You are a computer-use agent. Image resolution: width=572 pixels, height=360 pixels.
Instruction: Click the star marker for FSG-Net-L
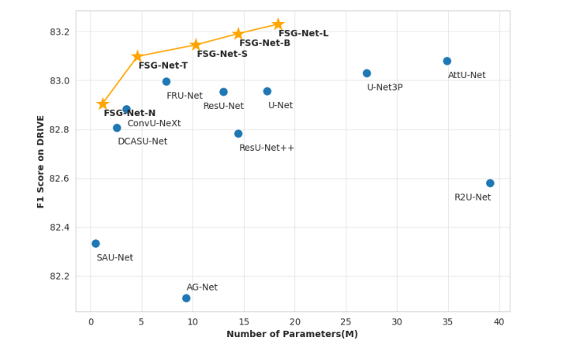278,24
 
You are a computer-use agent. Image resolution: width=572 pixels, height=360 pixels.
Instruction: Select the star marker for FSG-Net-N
103,103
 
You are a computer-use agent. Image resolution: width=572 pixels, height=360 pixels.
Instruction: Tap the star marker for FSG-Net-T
137,56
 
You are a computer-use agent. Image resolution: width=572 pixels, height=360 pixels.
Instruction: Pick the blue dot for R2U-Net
490,183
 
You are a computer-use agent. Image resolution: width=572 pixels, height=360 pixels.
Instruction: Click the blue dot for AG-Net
186,298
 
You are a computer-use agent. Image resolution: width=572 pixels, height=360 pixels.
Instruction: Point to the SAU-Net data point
95,244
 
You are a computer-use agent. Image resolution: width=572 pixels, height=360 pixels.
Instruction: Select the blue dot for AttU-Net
447,61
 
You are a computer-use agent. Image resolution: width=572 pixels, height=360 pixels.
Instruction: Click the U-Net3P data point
367,73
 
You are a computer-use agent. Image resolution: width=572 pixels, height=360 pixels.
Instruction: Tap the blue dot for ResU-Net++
238,134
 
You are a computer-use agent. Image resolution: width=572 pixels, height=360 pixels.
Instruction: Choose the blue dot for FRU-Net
166,81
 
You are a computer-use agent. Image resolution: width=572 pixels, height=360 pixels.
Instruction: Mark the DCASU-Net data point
117,128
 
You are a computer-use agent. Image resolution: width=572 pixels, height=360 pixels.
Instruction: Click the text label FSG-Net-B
264,43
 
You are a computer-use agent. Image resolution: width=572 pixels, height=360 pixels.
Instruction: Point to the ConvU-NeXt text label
154,124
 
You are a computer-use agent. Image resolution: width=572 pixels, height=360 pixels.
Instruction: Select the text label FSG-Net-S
222,54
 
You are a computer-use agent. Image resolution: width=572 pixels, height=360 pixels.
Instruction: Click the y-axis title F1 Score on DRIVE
41,161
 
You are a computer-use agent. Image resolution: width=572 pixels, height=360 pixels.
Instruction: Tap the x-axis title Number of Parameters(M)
292,334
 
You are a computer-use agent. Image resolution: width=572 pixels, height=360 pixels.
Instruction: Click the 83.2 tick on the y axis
60,32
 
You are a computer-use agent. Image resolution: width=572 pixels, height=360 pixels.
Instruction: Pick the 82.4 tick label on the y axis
60,227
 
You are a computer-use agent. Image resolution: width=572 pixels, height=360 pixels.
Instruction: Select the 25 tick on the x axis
346,322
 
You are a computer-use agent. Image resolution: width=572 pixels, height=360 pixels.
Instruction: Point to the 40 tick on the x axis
499,322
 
